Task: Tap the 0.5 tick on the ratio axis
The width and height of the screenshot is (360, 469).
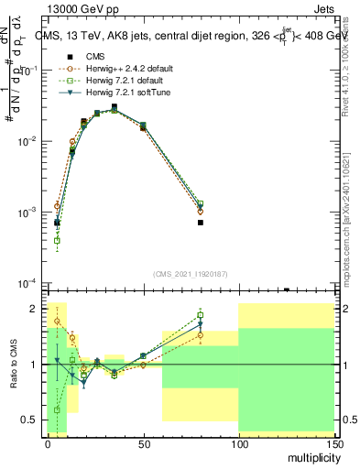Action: coord(35,420)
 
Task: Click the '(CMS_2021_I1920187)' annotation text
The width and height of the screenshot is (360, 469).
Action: coord(190,272)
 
